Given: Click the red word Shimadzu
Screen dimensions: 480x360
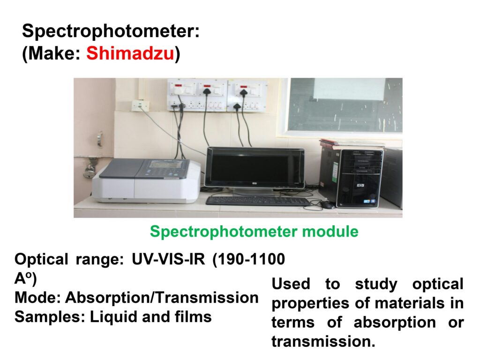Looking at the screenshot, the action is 130,53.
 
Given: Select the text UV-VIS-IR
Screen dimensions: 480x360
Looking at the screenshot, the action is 168,259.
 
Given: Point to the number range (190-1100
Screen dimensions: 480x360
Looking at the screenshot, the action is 248,259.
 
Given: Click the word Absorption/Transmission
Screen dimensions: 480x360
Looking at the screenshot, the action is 162,298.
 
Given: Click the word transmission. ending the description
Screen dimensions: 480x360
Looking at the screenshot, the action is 323,342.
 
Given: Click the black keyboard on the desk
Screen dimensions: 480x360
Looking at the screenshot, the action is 258,201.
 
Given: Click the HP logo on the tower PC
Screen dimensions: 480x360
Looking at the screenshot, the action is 360,185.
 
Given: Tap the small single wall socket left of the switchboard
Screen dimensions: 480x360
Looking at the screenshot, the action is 140,105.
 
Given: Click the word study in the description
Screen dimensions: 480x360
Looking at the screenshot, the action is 376,284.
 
